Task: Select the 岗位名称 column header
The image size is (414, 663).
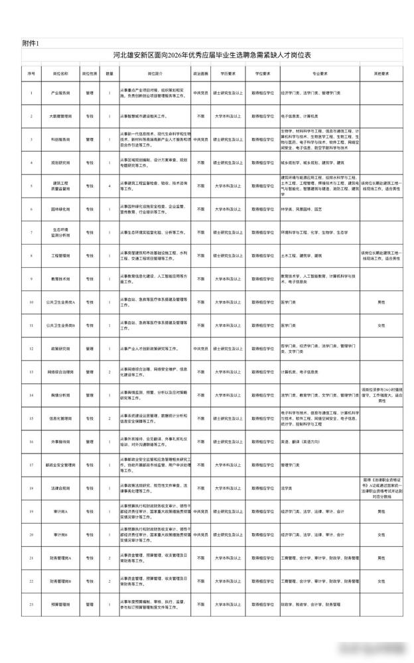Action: (60, 73)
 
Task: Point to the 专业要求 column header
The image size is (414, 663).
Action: (321, 73)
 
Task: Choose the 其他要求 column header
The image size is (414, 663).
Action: (381, 73)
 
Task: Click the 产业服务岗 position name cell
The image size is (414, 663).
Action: (60, 93)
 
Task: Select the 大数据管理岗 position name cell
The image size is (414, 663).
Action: (60, 116)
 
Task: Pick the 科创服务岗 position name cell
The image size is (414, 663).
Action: (60, 140)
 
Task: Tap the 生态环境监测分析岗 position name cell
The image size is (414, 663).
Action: (60, 232)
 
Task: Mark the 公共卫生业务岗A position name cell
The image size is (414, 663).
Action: (60, 302)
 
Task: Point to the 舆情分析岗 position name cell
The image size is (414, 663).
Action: (60, 395)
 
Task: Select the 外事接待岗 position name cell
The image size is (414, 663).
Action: (60, 442)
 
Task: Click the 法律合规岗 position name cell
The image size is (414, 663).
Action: (60, 488)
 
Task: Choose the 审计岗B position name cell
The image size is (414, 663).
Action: (60, 534)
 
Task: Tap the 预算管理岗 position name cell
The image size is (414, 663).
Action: (60, 605)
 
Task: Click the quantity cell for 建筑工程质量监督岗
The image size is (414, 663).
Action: (110, 186)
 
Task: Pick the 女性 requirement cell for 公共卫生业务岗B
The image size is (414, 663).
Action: (381, 326)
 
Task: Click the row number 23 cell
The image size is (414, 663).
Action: (31, 605)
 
